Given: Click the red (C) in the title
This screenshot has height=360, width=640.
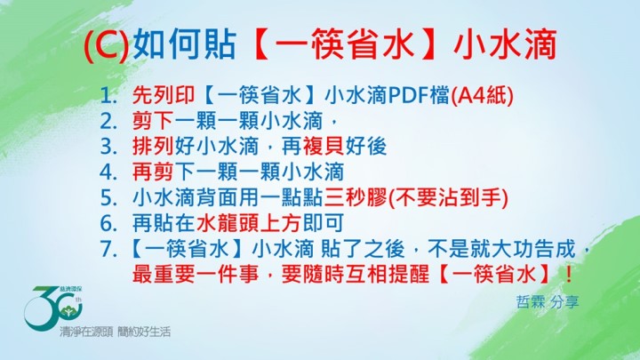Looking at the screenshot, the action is [106, 45].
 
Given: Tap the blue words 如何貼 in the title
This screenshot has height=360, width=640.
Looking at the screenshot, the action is [185, 44].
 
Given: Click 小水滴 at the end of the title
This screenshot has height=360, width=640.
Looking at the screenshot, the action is [505, 44].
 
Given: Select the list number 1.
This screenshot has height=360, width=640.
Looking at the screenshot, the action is [108, 96].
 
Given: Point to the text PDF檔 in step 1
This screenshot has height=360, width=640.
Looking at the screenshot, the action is [419, 95].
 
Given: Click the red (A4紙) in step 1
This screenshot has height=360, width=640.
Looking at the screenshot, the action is [482, 95].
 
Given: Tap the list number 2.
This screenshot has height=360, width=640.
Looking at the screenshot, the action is [108, 122].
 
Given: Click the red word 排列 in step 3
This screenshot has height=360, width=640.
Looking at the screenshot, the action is [154, 147].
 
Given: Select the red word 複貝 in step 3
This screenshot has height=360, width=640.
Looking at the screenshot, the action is [324, 147].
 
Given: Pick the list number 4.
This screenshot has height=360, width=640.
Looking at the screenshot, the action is [108, 172].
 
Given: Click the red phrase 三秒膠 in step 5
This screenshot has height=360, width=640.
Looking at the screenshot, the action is [355, 197].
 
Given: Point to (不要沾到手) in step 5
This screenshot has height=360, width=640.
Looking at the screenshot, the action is [448, 197].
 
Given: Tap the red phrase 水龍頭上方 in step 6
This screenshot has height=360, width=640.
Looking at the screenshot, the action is [248, 223].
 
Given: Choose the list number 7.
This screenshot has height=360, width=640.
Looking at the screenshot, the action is [108, 249].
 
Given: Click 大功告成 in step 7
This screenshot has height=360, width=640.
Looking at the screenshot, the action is [533, 249].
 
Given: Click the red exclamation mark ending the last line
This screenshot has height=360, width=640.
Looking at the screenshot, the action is [569, 275].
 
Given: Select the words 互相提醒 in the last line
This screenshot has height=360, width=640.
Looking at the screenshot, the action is [387, 275].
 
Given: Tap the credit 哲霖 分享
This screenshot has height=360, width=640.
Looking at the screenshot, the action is [548, 302].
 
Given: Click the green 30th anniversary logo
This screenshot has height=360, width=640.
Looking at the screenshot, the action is [53, 308].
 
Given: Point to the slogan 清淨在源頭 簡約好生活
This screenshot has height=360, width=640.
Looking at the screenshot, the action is [115, 332].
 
